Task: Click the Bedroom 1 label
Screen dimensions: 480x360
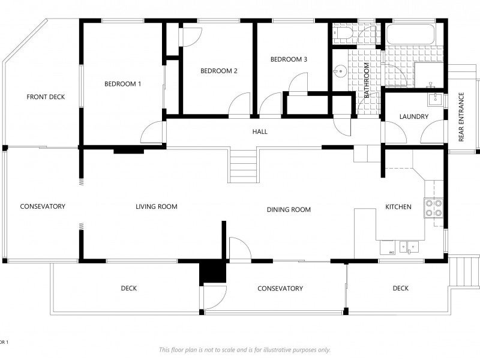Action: point(123,84)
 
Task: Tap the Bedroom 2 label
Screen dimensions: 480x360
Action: point(219,71)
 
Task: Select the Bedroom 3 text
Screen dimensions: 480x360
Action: point(289,59)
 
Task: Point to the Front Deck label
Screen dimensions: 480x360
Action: point(46,97)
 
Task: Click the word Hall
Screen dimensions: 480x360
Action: point(260,131)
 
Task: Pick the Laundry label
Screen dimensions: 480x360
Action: point(414,116)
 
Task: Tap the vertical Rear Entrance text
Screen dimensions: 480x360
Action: point(461,117)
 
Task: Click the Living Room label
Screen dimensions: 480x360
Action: point(157,206)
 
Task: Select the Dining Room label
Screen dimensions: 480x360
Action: point(289,209)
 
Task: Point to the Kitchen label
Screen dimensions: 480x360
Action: point(398,207)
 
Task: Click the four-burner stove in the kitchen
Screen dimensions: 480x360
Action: point(433,208)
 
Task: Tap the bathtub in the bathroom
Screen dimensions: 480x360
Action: point(410,34)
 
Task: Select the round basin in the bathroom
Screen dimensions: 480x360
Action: point(340,72)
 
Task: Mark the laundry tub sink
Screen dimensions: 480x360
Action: point(434,99)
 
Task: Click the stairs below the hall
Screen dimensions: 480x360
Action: point(244,166)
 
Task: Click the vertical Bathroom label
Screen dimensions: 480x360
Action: point(367,80)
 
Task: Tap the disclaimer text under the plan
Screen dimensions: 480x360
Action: point(245,350)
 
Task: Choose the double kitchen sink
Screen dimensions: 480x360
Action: point(409,247)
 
